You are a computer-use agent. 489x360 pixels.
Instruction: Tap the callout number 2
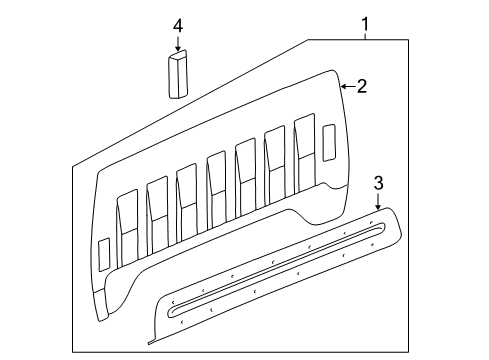coord(362,87)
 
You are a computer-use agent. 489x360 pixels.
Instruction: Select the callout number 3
coord(378,182)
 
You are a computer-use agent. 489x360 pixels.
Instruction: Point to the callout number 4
coord(178,22)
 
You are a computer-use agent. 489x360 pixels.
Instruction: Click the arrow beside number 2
coord(346,87)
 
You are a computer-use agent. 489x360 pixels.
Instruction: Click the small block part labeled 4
coord(178,75)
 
